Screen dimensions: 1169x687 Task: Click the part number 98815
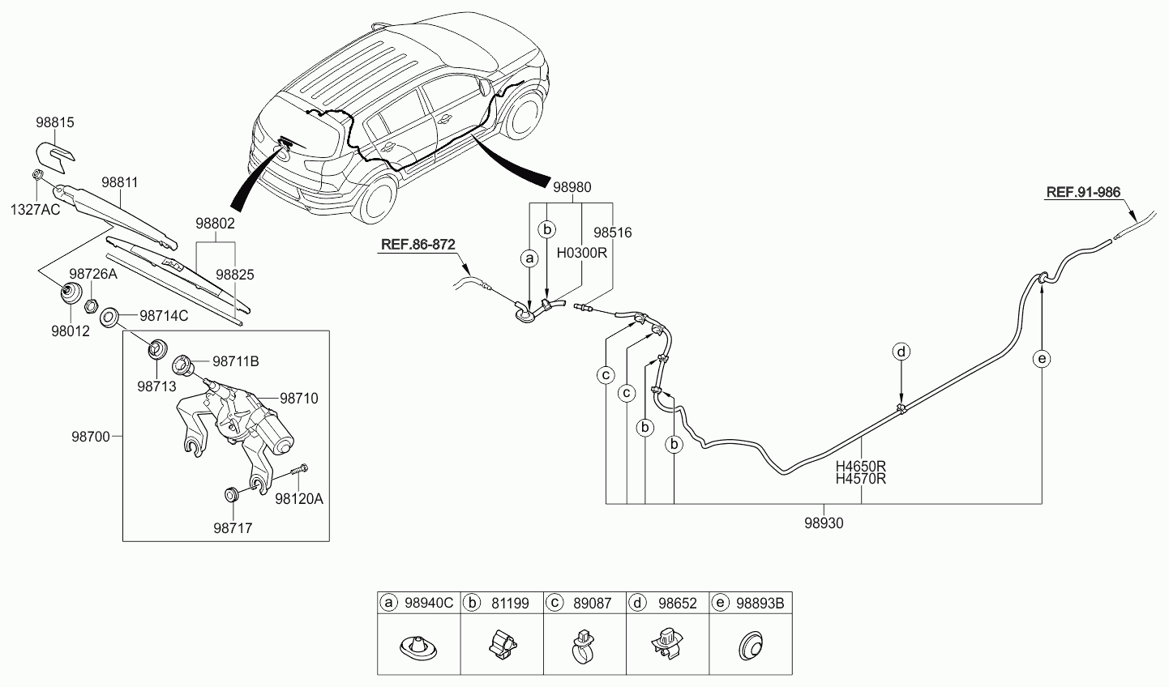tap(55, 122)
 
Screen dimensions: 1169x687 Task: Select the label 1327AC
tap(35, 210)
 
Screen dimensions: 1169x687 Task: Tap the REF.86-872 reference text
tap(418, 244)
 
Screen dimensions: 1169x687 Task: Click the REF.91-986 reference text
tap(1083, 192)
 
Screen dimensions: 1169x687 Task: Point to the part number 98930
tap(824, 523)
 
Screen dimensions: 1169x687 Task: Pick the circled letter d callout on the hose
tap(901, 352)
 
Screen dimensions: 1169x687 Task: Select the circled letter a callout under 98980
tap(529, 258)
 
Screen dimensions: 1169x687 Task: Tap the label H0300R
tap(582, 253)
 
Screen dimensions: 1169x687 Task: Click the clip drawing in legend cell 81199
tap(502, 645)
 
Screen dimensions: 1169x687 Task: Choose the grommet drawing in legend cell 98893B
tap(751, 646)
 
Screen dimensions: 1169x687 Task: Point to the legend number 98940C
tap(429, 604)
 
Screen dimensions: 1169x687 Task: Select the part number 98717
tap(233, 528)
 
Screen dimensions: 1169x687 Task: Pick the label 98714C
tap(164, 316)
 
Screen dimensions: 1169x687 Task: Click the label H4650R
tap(861, 466)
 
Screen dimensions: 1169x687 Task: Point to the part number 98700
tap(91, 437)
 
